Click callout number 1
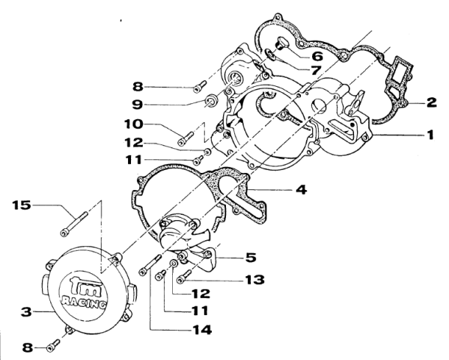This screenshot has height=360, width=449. point(430,135)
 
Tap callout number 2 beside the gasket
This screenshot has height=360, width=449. point(431,103)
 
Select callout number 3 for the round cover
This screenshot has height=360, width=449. point(26,311)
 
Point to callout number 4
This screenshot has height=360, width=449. point(302,189)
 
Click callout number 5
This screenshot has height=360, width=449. point(251,257)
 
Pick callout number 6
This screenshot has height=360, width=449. point(317,56)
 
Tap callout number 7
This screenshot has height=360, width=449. point(316,70)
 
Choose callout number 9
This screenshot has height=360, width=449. point(138,104)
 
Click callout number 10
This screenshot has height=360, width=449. point(133,124)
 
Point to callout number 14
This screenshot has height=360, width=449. point(202,330)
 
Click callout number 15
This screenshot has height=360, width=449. point(22,205)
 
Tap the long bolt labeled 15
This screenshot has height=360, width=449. point(73,223)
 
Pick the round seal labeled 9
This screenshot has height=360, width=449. point(213,102)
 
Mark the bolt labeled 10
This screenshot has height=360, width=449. point(186,138)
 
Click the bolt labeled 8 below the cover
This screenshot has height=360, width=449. point(54,345)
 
